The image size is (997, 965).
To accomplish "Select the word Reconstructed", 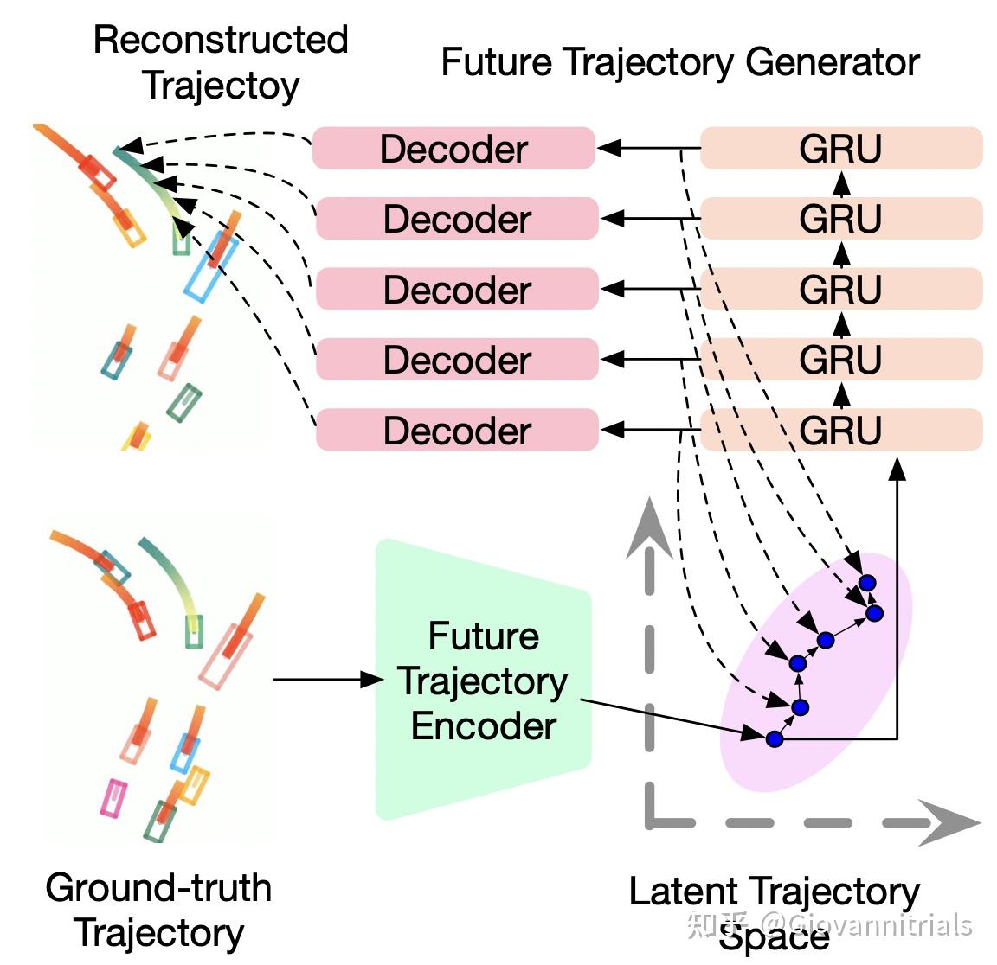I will tap(221, 40).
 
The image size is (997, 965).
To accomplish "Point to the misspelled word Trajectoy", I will tap(221, 85).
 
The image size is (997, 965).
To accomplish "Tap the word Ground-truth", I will tap(158, 888).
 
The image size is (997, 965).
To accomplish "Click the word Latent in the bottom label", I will tap(683, 892).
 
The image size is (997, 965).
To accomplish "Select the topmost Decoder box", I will tap(453, 149).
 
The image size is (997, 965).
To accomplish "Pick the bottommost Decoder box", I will tap(457, 431).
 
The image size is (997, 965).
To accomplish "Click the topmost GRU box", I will tap(840, 149).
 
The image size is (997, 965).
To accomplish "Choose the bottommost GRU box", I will tap(840, 431).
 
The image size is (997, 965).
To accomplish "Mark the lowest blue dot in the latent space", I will tap(775, 739).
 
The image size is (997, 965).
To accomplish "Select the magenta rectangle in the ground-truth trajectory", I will tap(113, 797).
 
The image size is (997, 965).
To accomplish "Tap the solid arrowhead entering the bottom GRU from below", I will tap(897, 470).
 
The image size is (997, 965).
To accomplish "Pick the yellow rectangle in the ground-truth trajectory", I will tap(194, 784).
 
